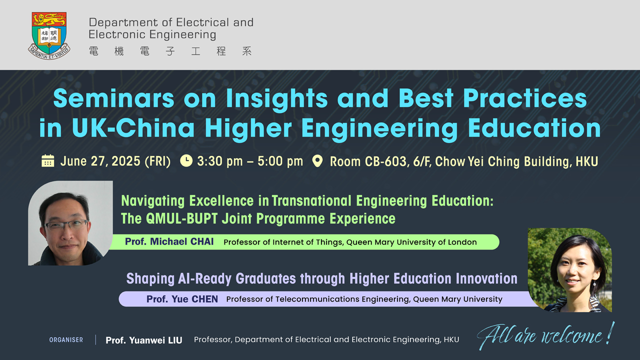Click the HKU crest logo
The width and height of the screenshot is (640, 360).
pos(49,35)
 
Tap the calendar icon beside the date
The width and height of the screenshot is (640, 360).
pos(47,160)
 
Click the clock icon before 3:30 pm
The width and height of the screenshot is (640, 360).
pos(186,160)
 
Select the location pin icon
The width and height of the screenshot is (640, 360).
pos(317,161)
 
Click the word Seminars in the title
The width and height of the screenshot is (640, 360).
pos(113,98)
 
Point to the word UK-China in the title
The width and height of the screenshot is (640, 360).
pos(133,127)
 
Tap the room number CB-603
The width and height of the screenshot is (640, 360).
pos(385,161)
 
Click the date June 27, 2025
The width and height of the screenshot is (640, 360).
pos(100,161)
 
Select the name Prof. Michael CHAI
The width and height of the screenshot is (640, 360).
pos(169,241)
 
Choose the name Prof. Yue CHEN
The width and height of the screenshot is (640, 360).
pos(182,299)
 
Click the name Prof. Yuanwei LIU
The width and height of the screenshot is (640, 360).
pos(143,340)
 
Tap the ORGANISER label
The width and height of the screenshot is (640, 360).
pos(66,340)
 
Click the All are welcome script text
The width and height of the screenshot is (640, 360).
pos(545,335)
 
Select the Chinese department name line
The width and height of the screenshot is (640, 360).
pos(170,51)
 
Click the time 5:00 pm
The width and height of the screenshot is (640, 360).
pos(280,161)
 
